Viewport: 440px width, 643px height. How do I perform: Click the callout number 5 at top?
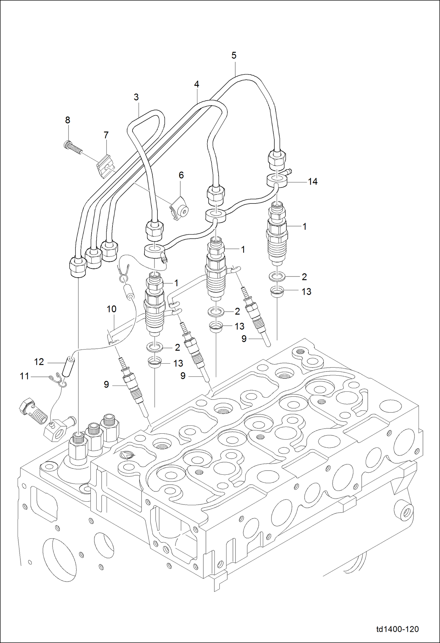(234, 55)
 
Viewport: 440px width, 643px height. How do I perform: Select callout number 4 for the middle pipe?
(197, 84)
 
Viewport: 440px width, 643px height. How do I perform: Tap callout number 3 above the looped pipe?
(136, 97)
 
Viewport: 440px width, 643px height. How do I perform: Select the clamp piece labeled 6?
(179, 209)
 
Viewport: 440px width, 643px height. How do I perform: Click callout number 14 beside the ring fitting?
(313, 182)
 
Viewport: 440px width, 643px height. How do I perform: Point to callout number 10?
(112, 309)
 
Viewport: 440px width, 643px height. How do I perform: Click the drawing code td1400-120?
(397, 629)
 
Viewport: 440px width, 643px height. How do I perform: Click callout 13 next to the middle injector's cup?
(239, 326)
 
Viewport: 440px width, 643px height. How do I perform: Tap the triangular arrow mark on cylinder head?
(127, 455)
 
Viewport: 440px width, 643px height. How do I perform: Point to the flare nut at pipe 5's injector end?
(277, 159)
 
